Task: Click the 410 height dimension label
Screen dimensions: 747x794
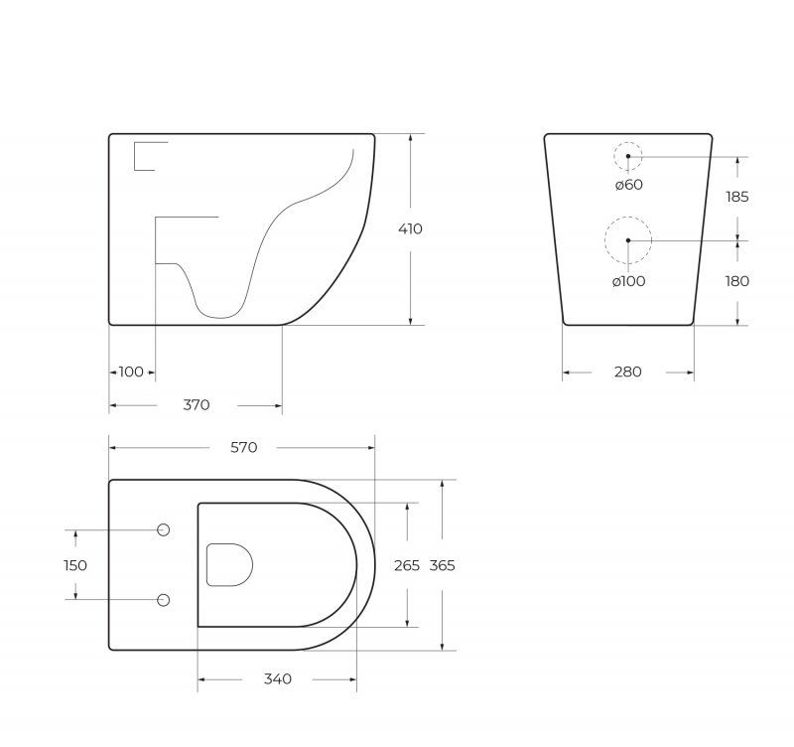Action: click(410, 229)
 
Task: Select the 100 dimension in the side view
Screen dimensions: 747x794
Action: click(131, 373)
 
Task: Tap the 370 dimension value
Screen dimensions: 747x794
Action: click(197, 405)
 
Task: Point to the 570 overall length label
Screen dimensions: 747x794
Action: click(244, 448)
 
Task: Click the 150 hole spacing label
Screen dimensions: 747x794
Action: click(74, 565)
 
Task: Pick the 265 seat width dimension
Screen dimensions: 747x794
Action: click(408, 565)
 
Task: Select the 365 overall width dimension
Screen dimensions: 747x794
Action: click(443, 565)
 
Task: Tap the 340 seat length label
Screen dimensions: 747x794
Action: click(278, 679)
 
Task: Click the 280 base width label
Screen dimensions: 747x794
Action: click(627, 373)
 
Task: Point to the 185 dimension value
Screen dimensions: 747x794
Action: click(737, 198)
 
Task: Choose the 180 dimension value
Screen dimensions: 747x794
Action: click(737, 282)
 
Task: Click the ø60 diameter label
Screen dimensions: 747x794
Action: click(627, 184)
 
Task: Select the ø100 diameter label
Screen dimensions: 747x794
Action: click(628, 282)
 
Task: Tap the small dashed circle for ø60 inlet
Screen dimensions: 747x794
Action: click(627, 156)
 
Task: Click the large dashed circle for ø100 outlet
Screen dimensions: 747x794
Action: click(628, 240)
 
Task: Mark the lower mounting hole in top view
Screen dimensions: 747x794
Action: click(164, 600)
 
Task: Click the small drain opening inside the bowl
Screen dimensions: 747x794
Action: click(228, 564)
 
